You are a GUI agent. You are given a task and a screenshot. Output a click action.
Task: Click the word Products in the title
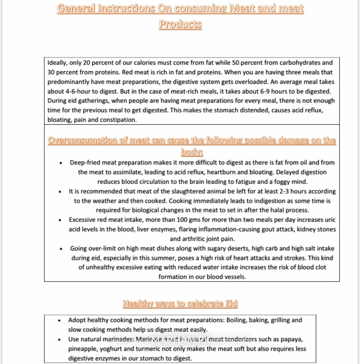coord(180,25)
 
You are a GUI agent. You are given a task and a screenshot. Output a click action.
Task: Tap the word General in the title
coord(76,9)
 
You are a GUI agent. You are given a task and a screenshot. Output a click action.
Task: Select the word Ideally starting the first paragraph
coord(59,62)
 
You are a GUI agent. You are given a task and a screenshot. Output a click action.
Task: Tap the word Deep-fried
coord(87,163)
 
